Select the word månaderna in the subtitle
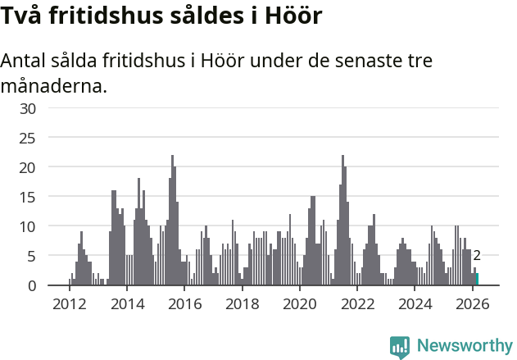tap(54, 85)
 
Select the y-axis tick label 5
tap(32, 256)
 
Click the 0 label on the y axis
tap(32, 285)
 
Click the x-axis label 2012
tap(69, 304)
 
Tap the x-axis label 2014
tap(126, 304)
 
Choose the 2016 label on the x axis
tap(184, 304)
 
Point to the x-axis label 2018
tap(242, 304)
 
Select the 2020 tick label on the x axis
tap(299, 304)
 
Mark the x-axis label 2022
tap(357, 304)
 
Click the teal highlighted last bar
tap(477, 280)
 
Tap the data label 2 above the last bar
tap(477, 256)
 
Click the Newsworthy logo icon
tap(400, 347)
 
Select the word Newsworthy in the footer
tap(464, 347)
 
